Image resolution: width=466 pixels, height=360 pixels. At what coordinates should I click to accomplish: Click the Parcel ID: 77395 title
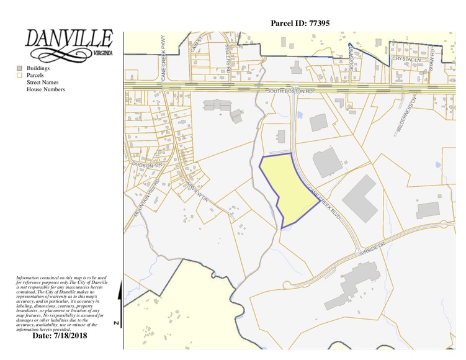300,23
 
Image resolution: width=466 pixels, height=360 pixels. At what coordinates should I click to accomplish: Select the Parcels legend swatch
19,75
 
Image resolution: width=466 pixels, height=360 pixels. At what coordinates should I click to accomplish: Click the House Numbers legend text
45,89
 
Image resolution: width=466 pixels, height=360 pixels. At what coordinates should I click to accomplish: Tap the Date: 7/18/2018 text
60,335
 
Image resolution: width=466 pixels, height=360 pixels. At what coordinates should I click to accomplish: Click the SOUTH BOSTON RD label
290,91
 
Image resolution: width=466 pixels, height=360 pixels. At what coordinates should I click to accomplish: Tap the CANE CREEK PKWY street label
163,52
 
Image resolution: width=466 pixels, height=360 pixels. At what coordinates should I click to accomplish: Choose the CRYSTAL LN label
405,59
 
